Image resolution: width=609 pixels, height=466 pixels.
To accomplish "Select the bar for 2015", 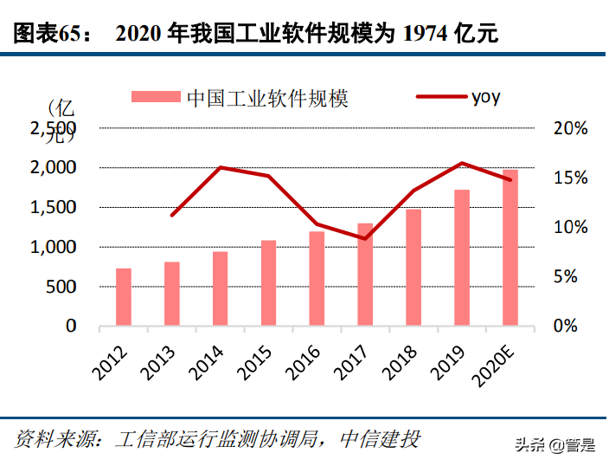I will coord(269,283).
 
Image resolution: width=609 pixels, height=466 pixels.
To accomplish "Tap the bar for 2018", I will coord(413,268).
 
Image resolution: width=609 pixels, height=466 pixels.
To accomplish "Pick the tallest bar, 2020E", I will coord(510,249).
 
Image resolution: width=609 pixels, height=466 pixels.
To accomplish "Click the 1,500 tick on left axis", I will coord(53,207).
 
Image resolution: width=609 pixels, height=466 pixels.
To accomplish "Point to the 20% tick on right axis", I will coord(571,128).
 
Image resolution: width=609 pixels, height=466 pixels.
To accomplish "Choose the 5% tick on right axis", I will coord(571,277).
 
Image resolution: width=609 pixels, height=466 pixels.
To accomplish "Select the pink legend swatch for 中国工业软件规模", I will coord(157,97).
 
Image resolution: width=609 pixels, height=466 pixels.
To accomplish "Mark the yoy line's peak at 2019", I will coord(462,163).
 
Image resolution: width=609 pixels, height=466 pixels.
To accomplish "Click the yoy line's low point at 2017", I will coord(365,238).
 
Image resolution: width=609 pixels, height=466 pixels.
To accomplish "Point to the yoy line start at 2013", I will coord(172,215).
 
